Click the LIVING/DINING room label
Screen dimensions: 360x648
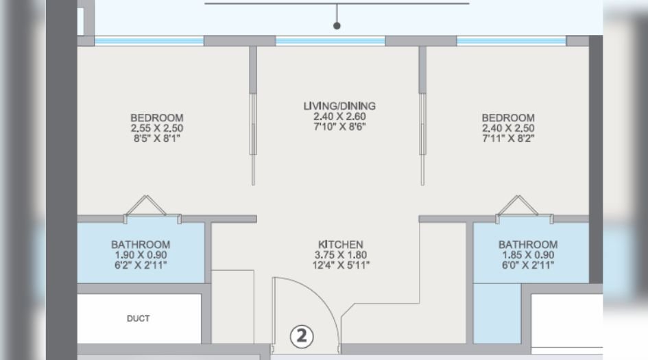pos(339,106)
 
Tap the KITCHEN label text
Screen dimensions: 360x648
pos(340,245)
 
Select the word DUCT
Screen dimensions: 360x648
pos(138,318)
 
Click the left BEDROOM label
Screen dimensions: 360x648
pos(157,118)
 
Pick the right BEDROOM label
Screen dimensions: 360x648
pos(507,118)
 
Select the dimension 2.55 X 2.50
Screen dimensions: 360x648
pos(157,128)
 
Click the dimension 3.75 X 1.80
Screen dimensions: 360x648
pos(340,254)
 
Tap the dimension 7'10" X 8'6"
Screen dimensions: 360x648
pos(339,126)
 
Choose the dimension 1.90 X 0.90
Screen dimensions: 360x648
pos(141,254)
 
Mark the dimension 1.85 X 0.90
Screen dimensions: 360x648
pos(527,254)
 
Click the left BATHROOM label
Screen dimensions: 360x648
pos(141,245)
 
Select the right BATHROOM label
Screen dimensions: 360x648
pos(527,245)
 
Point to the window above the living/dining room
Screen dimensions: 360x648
pos(331,41)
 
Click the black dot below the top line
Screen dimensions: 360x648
pos(337,26)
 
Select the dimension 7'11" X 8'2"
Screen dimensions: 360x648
pos(507,138)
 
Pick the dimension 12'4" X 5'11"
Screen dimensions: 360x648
pos(340,265)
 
